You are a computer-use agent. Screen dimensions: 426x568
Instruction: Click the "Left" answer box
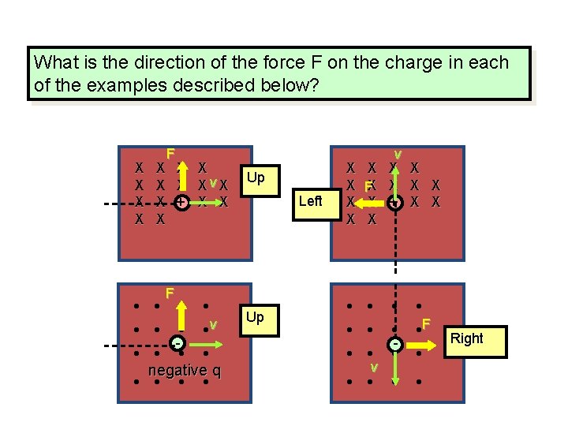311,201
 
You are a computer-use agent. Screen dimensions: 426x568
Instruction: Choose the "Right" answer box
467,338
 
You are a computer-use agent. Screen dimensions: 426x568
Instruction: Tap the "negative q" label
184,371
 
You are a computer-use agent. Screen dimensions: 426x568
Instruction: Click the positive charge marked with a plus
181,203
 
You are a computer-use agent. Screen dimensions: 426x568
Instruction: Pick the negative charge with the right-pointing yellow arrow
394,345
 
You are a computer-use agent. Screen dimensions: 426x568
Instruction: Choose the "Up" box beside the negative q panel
255,317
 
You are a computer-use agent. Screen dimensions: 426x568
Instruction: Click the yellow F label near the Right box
425,324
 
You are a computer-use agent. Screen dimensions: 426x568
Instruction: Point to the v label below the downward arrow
375,368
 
